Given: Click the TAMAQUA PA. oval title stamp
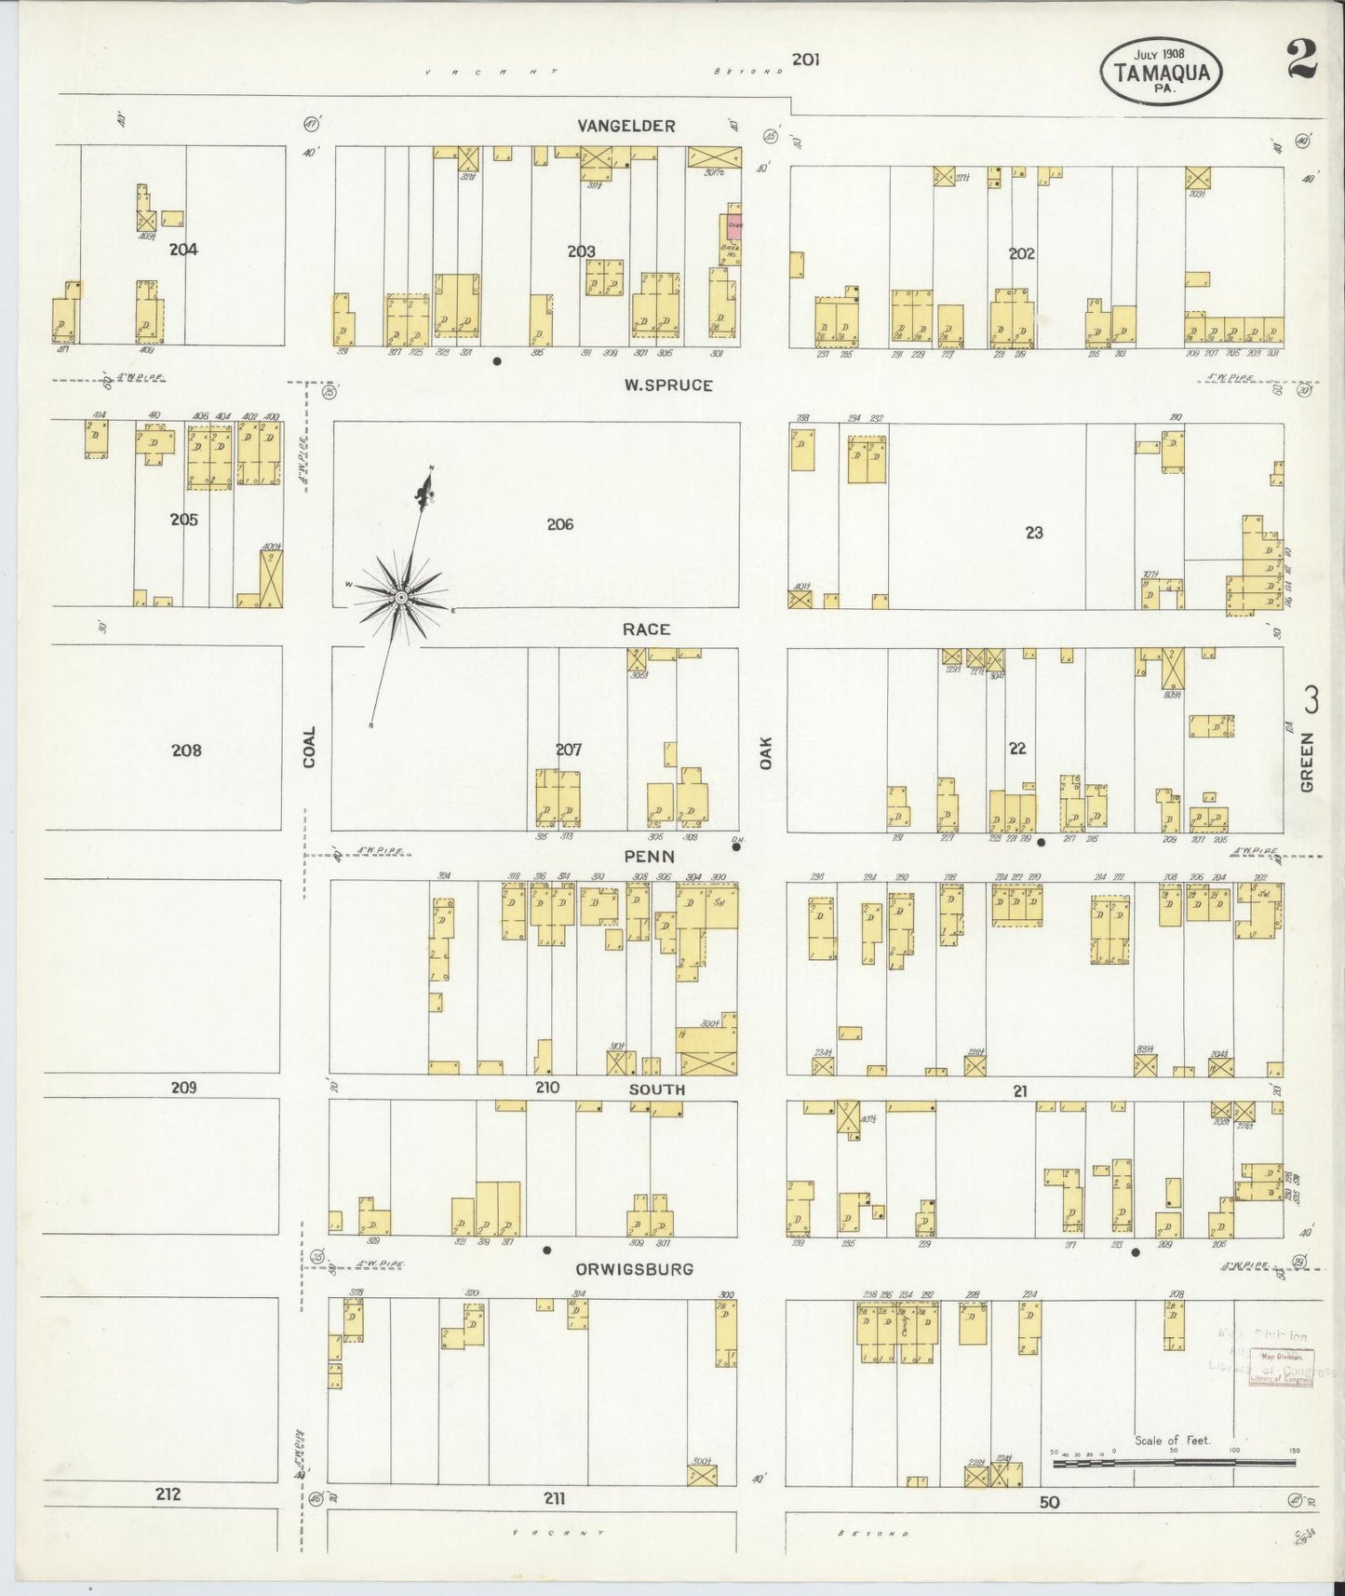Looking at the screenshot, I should [1160, 71].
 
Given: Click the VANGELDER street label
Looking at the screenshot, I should [625, 126].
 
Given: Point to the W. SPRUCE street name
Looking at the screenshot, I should [668, 385].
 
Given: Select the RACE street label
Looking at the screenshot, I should [646, 629].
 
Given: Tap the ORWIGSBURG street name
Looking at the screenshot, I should [634, 1269].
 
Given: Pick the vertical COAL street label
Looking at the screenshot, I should [310, 748].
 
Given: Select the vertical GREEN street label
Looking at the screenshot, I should [1307, 763].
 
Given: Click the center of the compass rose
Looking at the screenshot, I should [399, 596].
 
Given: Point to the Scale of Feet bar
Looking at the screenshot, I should [1173, 1463].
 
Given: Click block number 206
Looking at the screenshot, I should [559, 524].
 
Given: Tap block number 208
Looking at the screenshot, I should [186, 750].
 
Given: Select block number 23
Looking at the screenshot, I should [1034, 533].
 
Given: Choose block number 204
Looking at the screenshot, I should [183, 250].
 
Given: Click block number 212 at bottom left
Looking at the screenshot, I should [168, 1495].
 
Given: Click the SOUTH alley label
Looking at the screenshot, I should [656, 1089].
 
